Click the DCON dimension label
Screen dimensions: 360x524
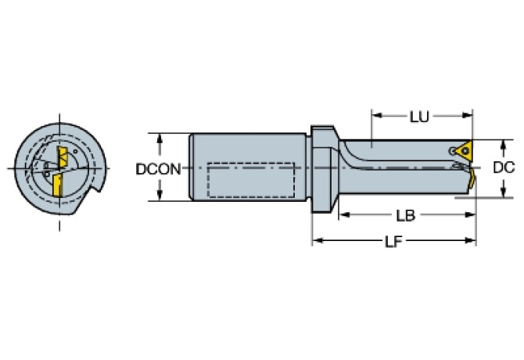pos(158,167)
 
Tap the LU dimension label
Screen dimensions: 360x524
pos(419,117)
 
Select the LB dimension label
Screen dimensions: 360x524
pos(404,214)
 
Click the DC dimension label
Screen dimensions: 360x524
pos(504,167)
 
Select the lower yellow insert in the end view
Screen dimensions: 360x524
pos(56,186)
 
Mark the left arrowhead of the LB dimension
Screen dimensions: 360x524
pos(342,214)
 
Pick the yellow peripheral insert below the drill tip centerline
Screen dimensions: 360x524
pos(472,178)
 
